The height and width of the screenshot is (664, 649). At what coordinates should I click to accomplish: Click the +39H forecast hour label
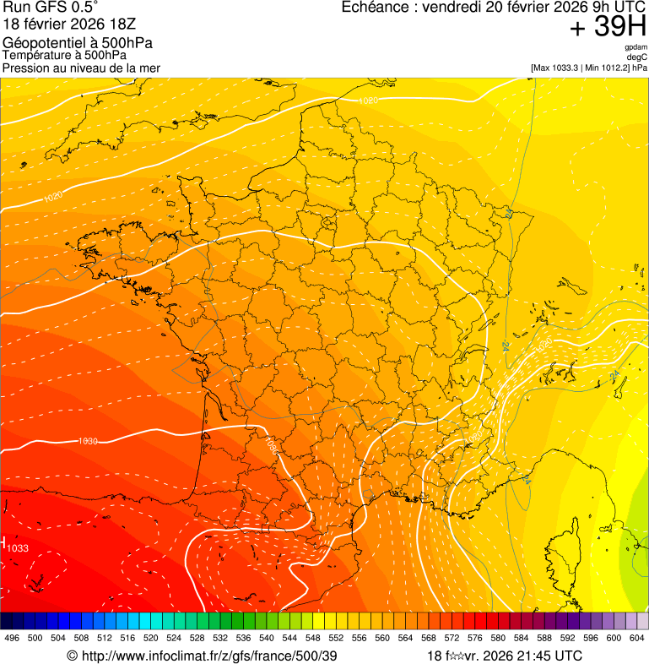point(608,28)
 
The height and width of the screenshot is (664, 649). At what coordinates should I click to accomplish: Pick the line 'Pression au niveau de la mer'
point(81,68)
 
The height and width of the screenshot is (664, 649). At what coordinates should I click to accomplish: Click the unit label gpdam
point(635,47)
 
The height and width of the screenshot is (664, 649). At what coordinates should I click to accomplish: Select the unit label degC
point(637,57)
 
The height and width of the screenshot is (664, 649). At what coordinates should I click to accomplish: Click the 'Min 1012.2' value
point(604,67)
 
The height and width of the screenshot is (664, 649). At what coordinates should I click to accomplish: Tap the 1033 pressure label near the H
point(18,549)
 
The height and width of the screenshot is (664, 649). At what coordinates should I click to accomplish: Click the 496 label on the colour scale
point(12,638)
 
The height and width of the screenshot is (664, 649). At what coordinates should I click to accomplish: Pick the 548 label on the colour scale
point(313,638)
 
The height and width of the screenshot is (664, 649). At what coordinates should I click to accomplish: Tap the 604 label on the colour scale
point(637,638)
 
